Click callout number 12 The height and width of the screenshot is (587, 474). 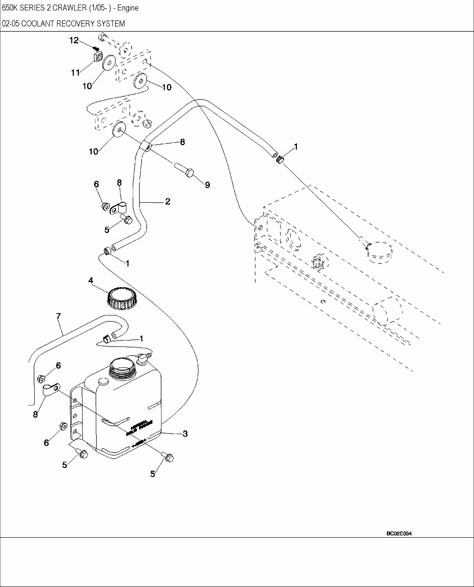(74, 41)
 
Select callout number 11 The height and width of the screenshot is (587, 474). (75, 72)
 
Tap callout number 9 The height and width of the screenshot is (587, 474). (207, 185)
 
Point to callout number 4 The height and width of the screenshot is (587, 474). (91, 280)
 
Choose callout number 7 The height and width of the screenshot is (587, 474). (58, 316)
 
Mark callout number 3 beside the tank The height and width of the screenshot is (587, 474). (185, 434)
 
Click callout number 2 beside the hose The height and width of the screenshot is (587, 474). (167, 201)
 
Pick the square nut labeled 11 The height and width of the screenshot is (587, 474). (97, 58)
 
